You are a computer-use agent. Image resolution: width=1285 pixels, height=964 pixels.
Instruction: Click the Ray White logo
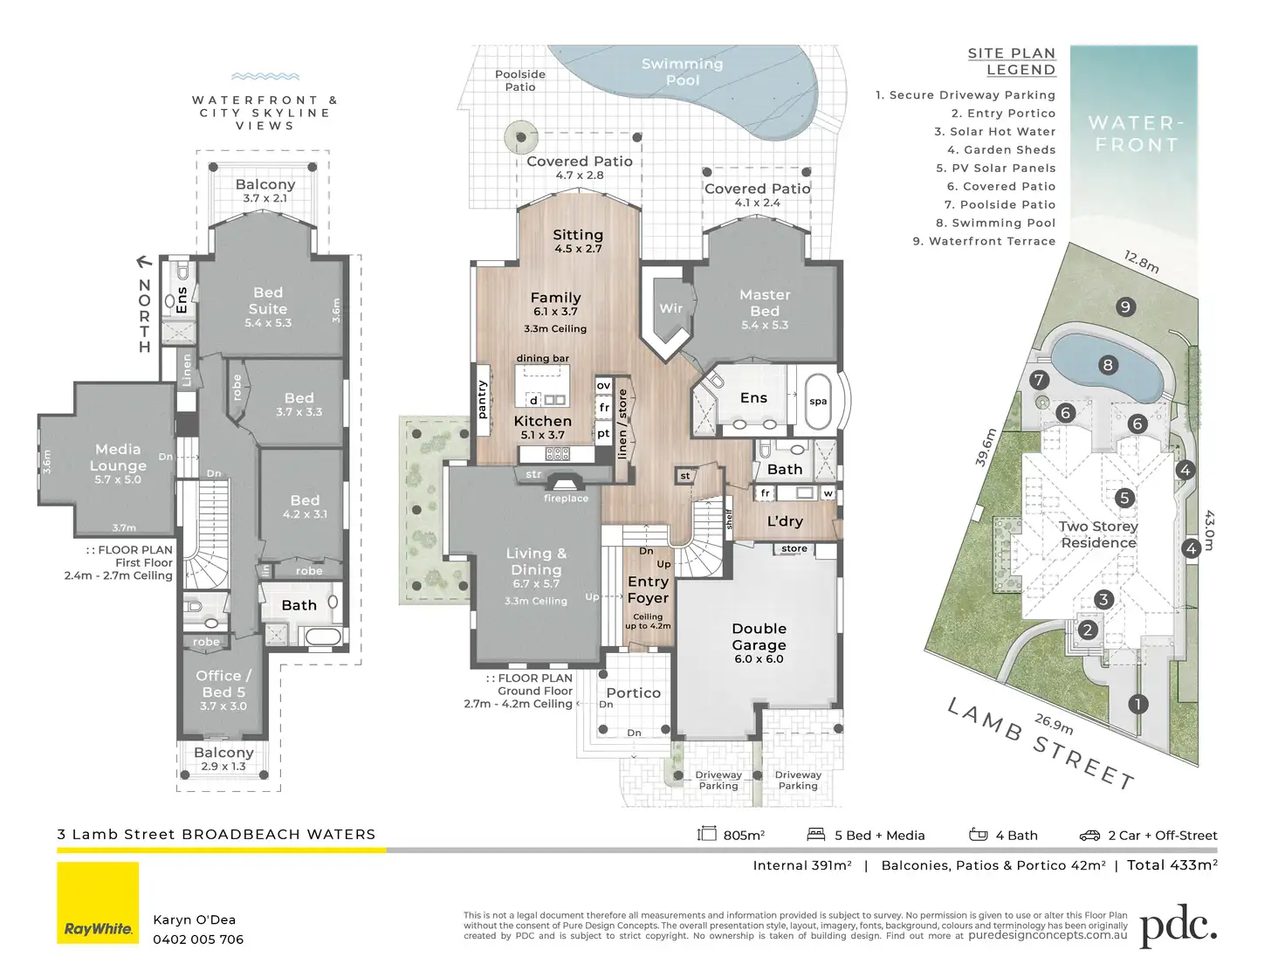pyautogui.click(x=98, y=903)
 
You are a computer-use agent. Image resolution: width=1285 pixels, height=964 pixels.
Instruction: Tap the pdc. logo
pyautogui.click(x=1178, y=926)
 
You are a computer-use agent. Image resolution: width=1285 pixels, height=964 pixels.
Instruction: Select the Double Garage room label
pyautogui.click(x=759, y=637)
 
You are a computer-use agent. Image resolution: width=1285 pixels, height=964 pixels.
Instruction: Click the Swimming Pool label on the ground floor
pyautogui.click(x=683, y=72)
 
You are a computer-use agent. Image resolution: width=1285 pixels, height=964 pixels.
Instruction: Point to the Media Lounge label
pyautogui.click(x=118, y=458)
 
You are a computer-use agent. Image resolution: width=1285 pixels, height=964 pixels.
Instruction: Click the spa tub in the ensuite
pyautogui.click(x=818, y=402)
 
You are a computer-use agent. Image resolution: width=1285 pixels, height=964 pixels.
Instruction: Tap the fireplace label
pyautogui.click(x=566, y=499)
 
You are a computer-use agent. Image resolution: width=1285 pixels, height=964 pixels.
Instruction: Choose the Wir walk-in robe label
pyautogui.click(x=670, y=308)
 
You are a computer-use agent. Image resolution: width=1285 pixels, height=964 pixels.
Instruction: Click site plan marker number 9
pyautogui.click(x=1125, y=306)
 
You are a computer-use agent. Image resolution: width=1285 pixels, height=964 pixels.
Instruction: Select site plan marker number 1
pyautogui.click(x=1137, y=704)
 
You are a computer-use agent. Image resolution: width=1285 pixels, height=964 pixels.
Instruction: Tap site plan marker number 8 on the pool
pyautogui.click(x=1108, y=365)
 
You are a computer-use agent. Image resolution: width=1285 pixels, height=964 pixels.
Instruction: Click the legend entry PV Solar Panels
pyautogui.click(x=995, y=168)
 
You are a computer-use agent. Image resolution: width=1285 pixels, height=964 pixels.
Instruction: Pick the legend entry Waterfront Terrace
pyautogui.click(x=984, y=241)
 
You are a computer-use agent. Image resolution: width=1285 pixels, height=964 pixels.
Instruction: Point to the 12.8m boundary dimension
pyautogui.click(x=1142, y=262)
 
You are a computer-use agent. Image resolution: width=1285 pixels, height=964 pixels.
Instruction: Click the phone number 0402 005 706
pyautogui.click(x=198, y=940)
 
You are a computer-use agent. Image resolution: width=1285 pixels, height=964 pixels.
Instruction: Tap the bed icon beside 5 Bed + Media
pyautogui.click(x=816, y=835)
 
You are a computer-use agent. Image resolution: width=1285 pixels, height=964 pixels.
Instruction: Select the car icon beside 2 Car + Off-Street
pyautogui.click(x=1089, y=836)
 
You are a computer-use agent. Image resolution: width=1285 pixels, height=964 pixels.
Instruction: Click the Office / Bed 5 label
pyautogui.click(x=223, y=684)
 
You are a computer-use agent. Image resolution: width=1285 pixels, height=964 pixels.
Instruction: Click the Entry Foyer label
pyautogui.click(x=648, y=589)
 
